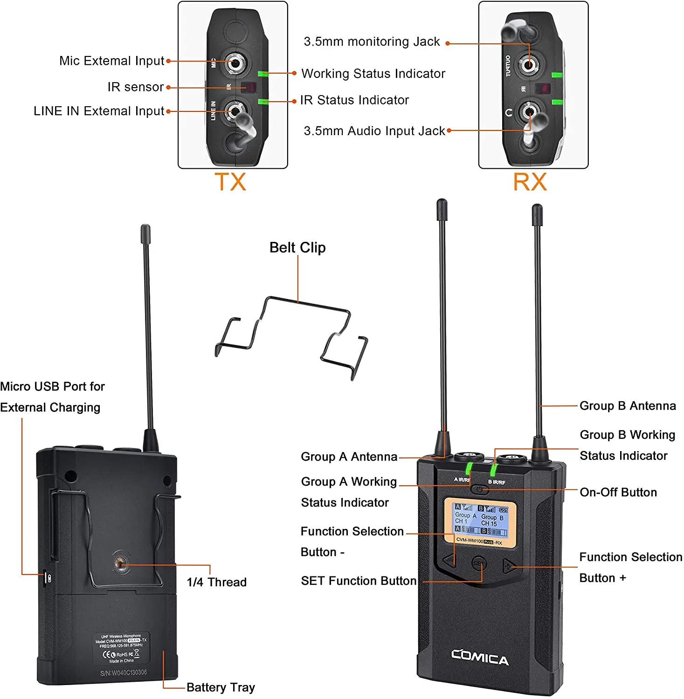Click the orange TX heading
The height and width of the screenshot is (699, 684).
click(x=230, y=182)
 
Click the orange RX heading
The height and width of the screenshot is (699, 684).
click(x=530, y=182)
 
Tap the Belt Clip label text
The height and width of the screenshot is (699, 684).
click(x=297, y=247)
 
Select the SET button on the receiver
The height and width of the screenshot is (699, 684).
click(x=479, y=564)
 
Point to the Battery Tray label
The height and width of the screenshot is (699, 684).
click(x=221, y=687)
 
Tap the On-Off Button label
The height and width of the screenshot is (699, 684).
click(x=618, y=492)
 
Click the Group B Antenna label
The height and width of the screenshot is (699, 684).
click(x=628, y=406)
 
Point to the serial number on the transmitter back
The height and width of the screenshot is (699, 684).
click(x=124, y=672)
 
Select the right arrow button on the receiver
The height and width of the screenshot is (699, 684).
click(x=508, y=566)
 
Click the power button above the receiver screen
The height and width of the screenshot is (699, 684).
click(x=480, y=490)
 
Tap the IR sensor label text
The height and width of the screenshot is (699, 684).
click(x=136, y=87)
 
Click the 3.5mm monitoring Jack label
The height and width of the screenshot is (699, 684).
click(x=372, y=42)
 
